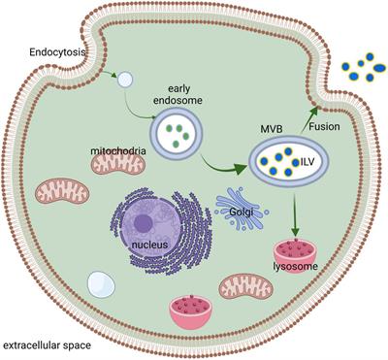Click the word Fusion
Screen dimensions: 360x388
[326, 125]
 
